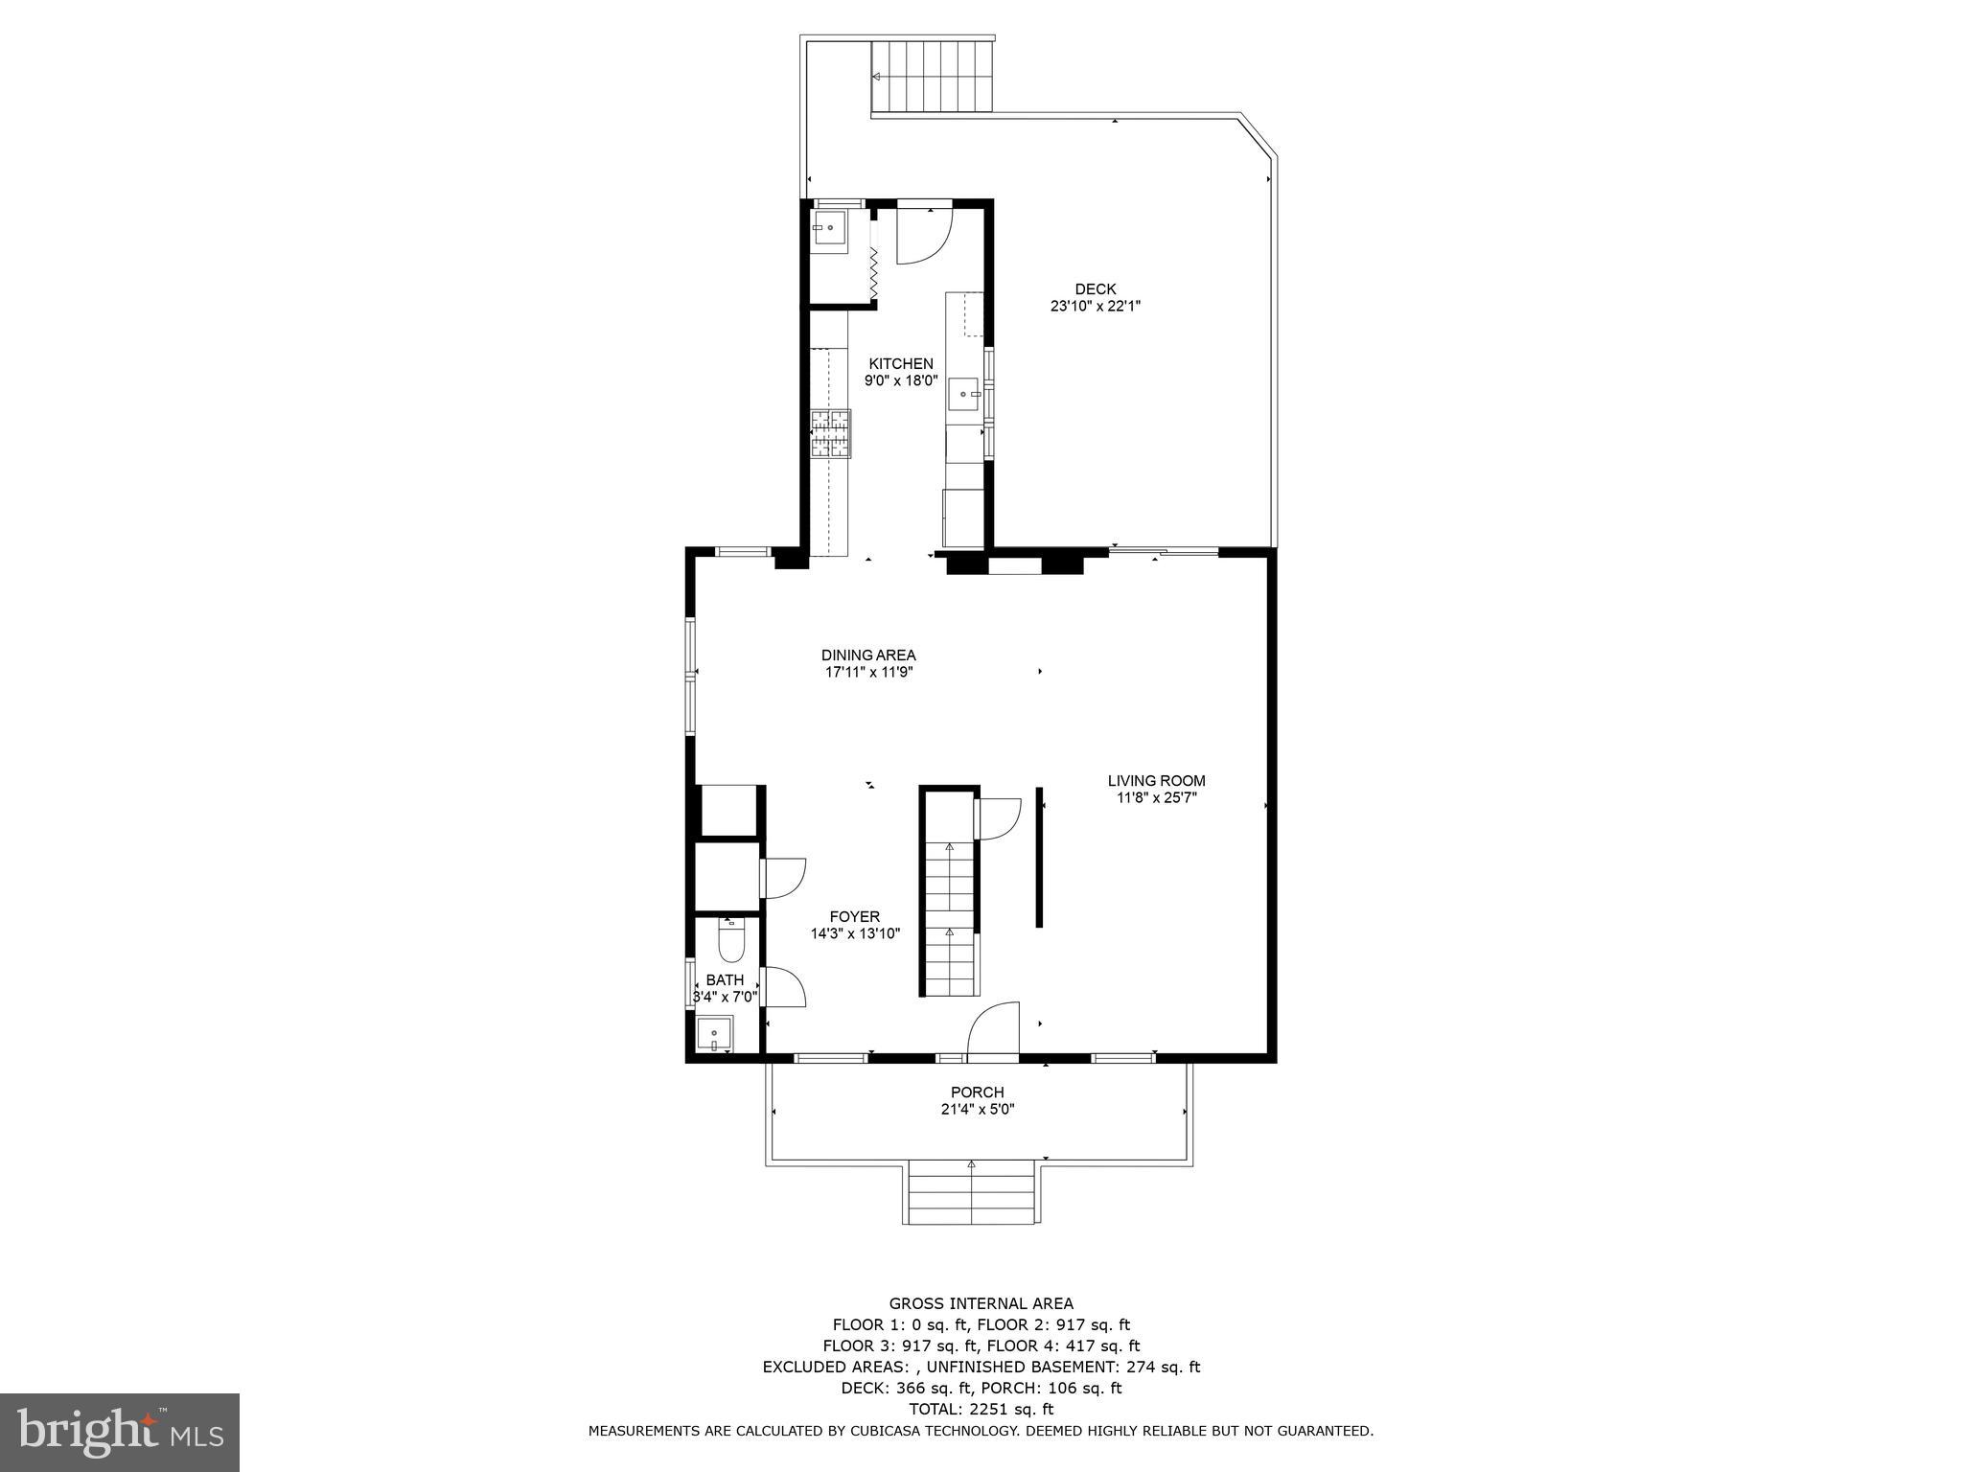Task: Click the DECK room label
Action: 1095,289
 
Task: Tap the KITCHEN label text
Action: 900,364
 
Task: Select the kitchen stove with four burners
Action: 830,434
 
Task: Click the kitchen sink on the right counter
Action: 963,393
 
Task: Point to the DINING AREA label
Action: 868,655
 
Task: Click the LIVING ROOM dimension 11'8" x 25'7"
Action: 1156,797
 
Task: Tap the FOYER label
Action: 854,917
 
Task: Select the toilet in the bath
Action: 731,943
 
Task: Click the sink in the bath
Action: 714,1035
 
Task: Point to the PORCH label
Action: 977,1092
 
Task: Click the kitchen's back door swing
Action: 922,236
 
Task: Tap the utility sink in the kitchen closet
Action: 829,230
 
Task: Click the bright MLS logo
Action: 120,1432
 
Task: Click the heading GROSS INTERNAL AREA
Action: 981,1303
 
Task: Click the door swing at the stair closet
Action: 999,817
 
